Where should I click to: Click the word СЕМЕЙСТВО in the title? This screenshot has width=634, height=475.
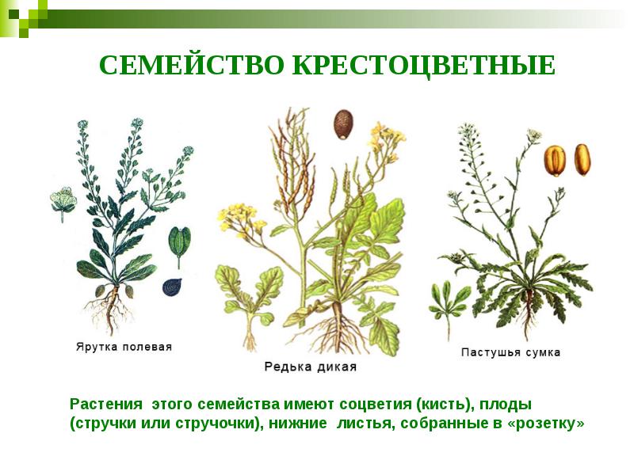point(193,66)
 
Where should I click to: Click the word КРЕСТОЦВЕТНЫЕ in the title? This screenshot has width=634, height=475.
point(424,66)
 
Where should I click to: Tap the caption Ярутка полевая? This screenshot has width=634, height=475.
point(124,347)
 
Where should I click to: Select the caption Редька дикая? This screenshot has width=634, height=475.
point(310,367)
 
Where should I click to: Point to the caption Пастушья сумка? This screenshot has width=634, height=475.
point(510,351)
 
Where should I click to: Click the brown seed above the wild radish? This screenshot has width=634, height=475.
point(342,124)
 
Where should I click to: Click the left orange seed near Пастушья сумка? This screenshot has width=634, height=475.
point(555,161)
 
